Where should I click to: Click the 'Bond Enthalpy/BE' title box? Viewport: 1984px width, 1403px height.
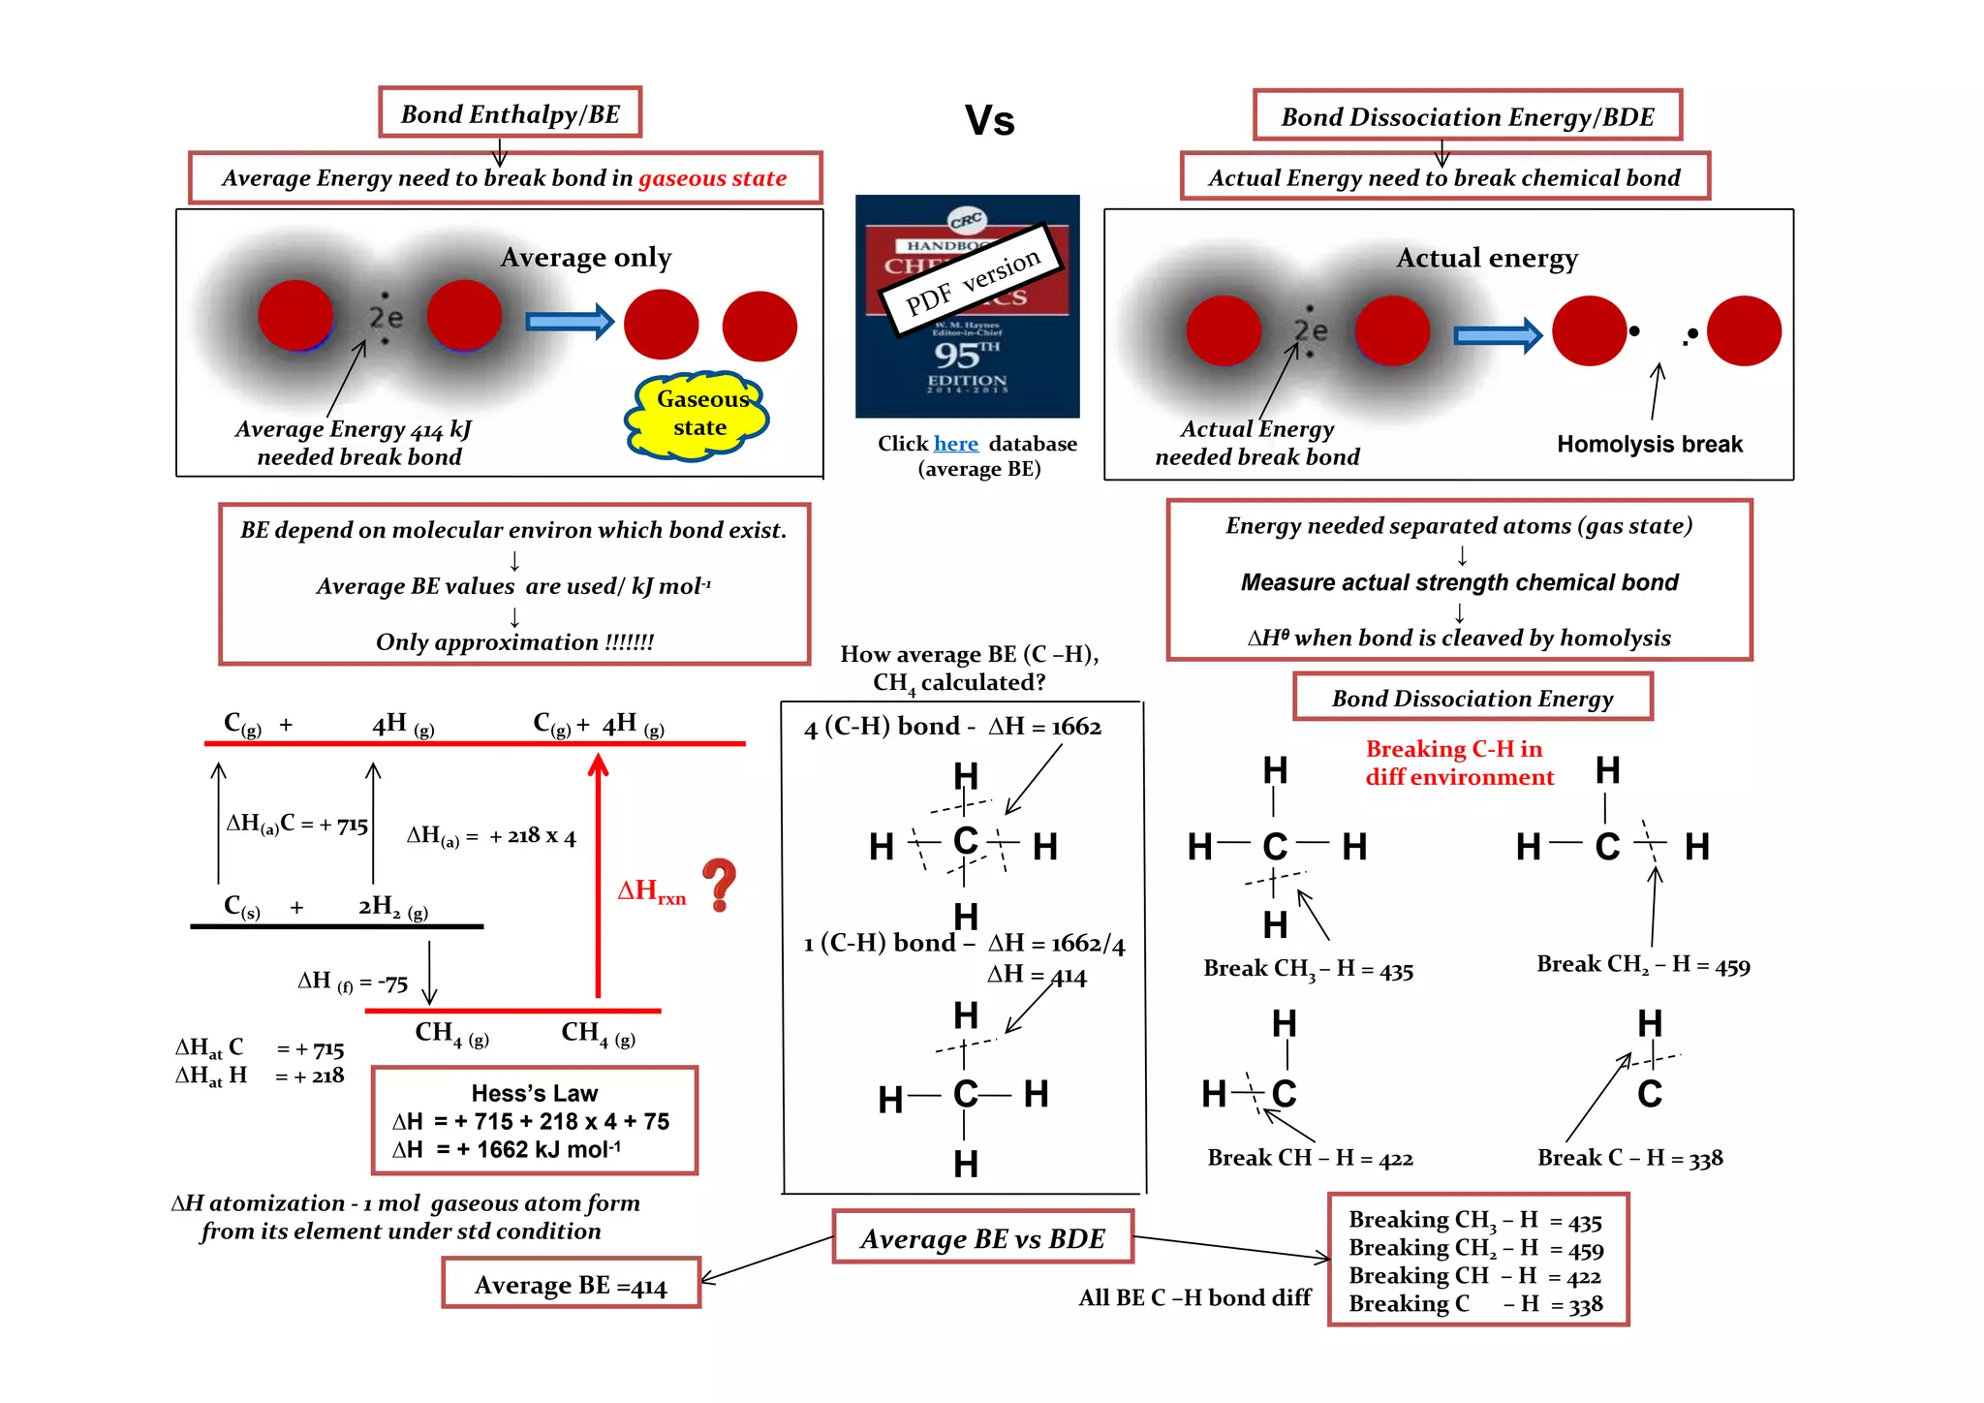click(510, 113)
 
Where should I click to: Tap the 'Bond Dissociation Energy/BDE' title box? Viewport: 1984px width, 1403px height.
click(1467, 116)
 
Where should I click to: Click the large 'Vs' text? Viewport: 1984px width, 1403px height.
click(989, 121)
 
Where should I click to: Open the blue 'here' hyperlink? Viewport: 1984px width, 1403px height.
click(955, 444)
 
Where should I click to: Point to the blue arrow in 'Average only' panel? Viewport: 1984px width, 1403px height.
click(570, 322)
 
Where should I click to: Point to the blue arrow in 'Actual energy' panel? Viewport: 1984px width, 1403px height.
click(1498, 335)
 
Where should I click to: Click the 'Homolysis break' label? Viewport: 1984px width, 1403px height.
click(1649, 444)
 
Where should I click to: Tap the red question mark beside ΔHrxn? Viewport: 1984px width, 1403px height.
click(720, 884)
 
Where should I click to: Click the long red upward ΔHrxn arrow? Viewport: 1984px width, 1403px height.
click(598, 877)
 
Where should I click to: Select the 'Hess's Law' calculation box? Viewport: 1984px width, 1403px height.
click(535, 1121)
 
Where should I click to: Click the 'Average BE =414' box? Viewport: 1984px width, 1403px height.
click(571, 1285)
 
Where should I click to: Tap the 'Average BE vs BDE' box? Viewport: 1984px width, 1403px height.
click(982, 1238)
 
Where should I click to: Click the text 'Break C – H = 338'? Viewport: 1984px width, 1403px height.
click(1629, 1158)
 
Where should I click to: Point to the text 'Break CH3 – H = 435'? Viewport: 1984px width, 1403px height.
click(1308, 969)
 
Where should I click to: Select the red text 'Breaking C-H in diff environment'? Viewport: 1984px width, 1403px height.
click(1459, 763)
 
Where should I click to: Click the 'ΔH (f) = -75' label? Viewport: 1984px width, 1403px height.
click(353, 982)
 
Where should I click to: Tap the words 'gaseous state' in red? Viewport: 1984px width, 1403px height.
click(712, 178)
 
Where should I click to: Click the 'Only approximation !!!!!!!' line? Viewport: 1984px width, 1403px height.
click(514, 642)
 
